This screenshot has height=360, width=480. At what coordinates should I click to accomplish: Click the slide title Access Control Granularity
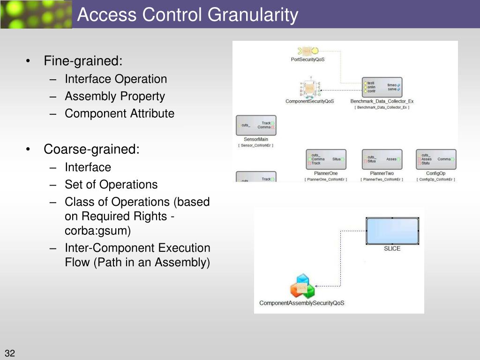coord(187,15)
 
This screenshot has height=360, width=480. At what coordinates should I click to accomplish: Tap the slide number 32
coord(10,353)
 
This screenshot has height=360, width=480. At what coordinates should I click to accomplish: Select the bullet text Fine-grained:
coord(83,61)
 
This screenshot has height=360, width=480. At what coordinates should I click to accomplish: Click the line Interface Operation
coord(116,79)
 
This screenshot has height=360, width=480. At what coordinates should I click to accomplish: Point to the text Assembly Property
coord(115,97)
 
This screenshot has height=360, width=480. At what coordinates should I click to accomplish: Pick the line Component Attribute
coord(120,113)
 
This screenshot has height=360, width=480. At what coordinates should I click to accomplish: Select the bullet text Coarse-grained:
coord(91,149)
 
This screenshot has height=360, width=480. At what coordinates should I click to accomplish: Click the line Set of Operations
coord(111,185)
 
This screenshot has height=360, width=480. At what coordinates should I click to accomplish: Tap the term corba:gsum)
coord(97,231)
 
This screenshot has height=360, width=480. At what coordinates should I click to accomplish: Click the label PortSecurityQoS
coord(307,60)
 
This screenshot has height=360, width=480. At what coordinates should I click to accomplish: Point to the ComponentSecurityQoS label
coord(309,101)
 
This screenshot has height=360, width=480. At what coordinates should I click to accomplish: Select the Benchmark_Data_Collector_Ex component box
coord(382,87)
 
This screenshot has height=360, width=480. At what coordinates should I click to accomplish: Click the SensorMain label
coord(256,139)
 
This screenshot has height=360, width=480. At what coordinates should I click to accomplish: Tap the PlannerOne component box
coord(326,159)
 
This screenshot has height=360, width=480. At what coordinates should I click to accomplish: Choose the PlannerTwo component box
coord(382,159)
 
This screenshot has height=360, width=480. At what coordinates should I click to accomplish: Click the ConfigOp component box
coord(435,159)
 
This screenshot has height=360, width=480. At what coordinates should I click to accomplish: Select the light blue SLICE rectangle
coord(392,231)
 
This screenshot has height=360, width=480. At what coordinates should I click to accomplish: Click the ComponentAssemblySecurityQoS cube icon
coord(301,286)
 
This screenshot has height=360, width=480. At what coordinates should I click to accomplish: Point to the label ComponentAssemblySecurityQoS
coord(301,303)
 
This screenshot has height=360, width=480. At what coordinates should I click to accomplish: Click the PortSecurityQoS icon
coord(307,51)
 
